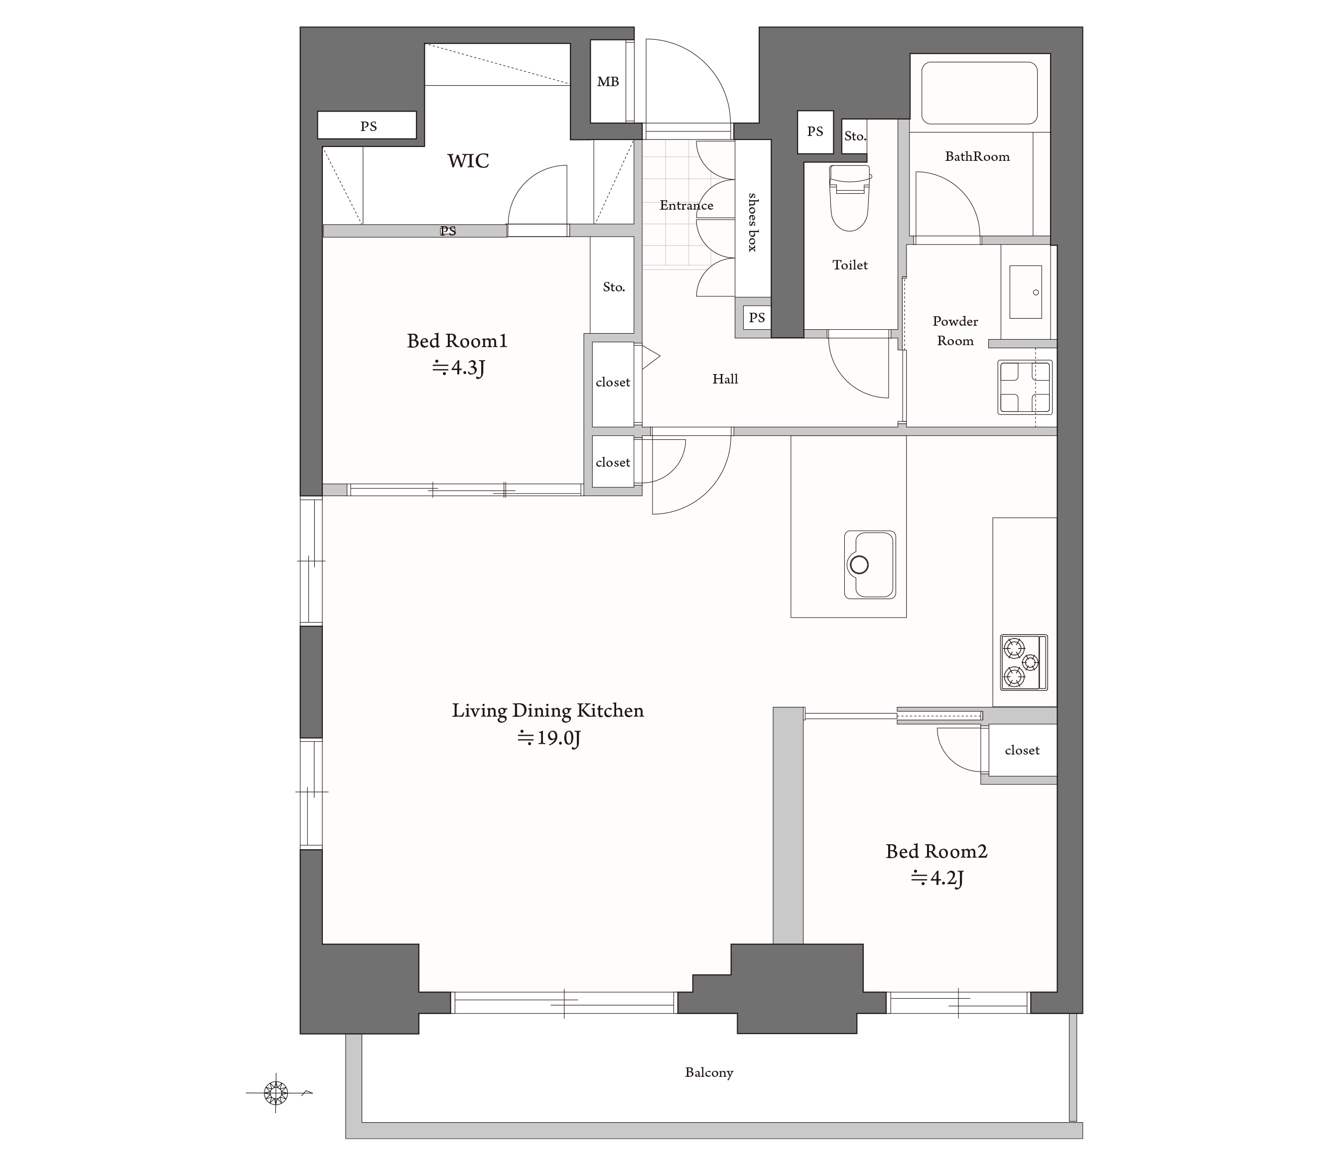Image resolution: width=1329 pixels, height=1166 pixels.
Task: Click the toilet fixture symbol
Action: pyautogui.click(x=850, y=198)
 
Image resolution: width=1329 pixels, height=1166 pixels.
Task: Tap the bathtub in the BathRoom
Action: pyautogui.click(x=979, y=93)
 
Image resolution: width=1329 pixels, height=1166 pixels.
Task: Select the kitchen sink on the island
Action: pyautogui.click(x=869, y=564)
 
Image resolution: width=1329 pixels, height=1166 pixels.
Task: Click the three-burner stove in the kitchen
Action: pyautogui.click(x=1024, y=662)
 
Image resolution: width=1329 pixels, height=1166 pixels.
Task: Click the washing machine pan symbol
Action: pyautogui.click(x=1025, y=388)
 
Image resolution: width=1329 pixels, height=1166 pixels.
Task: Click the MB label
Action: pyautogui.click(x=608, y=82)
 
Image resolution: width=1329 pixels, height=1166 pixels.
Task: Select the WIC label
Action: pyautogui.click(x=468, y=160)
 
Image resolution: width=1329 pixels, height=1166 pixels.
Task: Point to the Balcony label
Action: pyautogui.click(x=709, y=1072)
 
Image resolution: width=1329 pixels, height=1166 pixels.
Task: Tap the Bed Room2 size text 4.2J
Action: pyautogui.click(x=937, y=879)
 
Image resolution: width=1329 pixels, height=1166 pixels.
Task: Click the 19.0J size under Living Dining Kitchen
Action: pyautogui.click(x=548, y=738)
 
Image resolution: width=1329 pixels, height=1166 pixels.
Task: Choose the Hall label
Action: pyautogui.click(x=725, y=379)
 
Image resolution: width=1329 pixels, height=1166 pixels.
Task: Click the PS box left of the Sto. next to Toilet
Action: pyautogui.click(x=815, y=132)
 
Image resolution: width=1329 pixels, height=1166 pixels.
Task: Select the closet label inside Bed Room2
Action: pyautogui.click(x=1022, y=751)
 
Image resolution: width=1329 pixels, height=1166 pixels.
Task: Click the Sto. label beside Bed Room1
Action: pyautogui.click(x=614, y=287)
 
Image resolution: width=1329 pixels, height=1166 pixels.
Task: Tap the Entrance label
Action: pyautogui.click(x=686, y=206)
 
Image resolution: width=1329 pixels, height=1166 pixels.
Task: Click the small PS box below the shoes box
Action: pyautogui.click(x=757, y=317)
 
